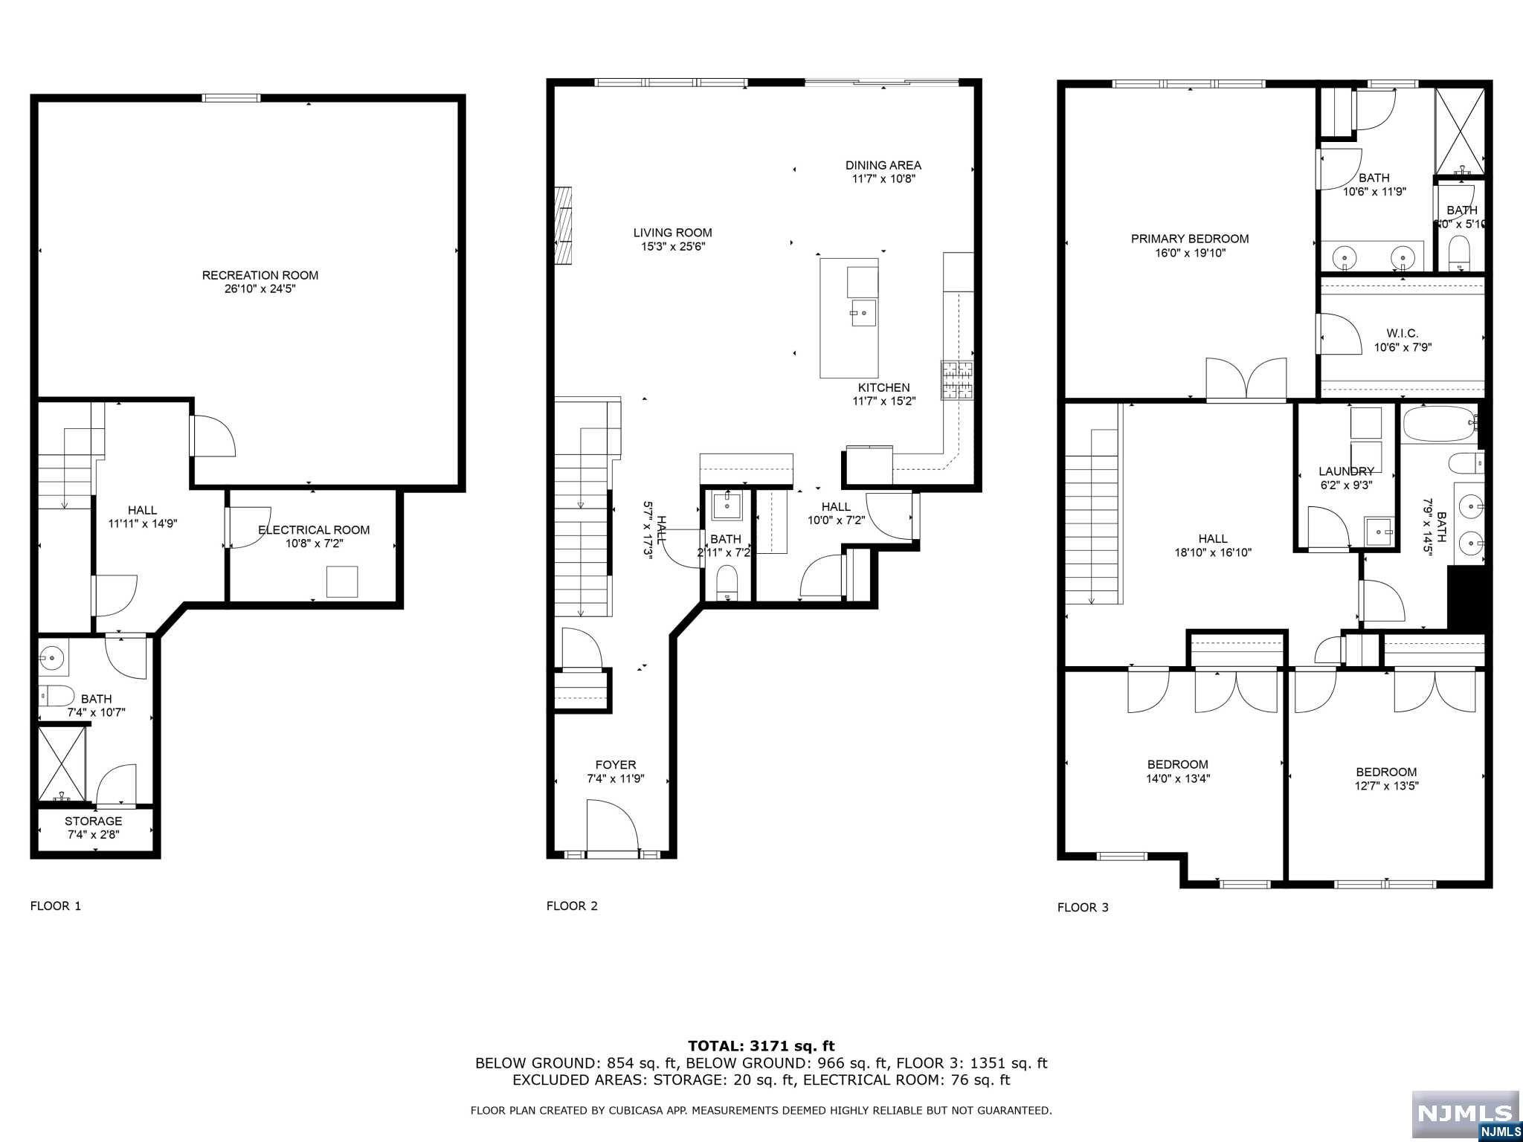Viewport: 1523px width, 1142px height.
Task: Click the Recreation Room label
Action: (260, 275)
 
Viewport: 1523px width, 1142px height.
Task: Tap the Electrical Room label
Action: (314, 530)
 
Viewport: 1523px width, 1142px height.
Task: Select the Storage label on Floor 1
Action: (93, 821)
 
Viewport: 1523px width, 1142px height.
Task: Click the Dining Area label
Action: (883, 165)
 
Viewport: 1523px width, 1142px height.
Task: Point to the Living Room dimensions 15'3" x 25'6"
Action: (673, 246)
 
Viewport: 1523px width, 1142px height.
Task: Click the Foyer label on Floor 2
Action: (616, 765)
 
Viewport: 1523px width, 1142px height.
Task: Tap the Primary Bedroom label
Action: (1190, 239)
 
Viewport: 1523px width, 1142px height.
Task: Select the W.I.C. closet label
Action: (1402, 334)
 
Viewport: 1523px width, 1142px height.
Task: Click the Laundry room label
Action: (1346, 471)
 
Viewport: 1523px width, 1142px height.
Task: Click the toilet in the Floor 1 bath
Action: (57, 696)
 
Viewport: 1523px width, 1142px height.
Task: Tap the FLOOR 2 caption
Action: (572, 906)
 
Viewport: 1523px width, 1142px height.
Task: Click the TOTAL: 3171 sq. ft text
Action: (761, 1046)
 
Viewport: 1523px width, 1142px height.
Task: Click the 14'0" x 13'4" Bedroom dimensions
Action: (1178, 779)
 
